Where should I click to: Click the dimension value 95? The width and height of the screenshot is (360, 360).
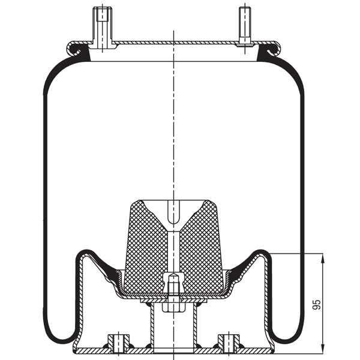click(316, 304)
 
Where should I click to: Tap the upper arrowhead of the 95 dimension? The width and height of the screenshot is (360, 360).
click(323, 258)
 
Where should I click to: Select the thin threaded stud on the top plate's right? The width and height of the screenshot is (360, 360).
click(245, 24)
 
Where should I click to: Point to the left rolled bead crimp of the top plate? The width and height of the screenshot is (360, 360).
click(74, 47)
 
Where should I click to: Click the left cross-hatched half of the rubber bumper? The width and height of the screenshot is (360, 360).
click(147, 246)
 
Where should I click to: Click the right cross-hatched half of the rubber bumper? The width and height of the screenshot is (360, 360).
click(201, 246)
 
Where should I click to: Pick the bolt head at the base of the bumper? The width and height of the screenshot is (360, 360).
click(173, 282)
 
